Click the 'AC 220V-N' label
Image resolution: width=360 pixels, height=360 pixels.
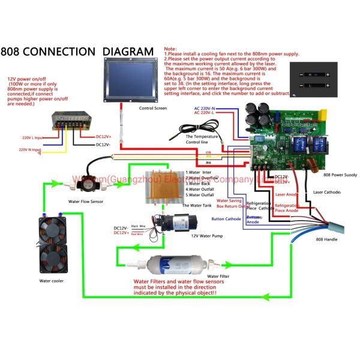205,109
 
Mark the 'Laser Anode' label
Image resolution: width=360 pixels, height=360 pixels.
287,194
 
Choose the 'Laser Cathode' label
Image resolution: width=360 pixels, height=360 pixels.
327,192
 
